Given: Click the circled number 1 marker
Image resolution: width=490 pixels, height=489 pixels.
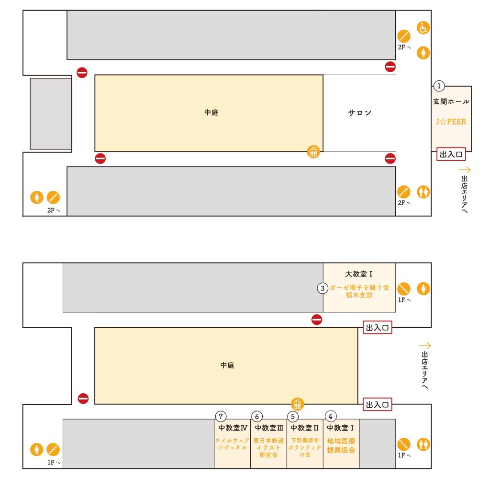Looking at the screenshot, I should pyautogui.click(x=439, y=86).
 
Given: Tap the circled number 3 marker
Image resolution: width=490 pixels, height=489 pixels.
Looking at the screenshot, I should pyautogui.click(x=323, y=288).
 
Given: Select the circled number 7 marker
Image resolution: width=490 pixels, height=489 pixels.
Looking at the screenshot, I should pyautogui.click(x=221, y=416).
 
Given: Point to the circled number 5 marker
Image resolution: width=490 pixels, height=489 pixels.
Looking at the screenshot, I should pyautogui.click(x=293, y=416).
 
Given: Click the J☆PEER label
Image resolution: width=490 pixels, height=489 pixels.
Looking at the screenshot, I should pyautogui.click(x=451, y=122).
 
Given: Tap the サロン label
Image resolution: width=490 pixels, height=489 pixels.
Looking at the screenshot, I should pyautogui.click(x=359, y=113).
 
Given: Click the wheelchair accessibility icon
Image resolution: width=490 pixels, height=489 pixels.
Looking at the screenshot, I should pyautogui.click(x=423, y=28).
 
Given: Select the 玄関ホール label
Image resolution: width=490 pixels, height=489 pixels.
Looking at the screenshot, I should pyautogui.click(x=451, y=101).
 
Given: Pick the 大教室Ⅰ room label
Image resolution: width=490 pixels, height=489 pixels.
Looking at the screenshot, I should pyautogui.click(x=359, y=274).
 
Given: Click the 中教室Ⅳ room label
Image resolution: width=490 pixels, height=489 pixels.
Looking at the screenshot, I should pyautogui.click(x=233, y=428).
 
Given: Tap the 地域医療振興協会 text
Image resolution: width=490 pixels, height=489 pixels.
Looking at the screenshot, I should pyautogui.click(x=341, y=445).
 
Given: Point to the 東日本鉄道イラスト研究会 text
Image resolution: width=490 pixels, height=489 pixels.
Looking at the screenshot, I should pyautogui.click(x=268, y=447).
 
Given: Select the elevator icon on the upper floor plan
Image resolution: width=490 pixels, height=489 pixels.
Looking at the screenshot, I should pyautogui.click(x=313, y=152).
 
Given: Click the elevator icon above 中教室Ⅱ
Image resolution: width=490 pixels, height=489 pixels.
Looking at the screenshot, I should pyautogui.click(x=298, y=404).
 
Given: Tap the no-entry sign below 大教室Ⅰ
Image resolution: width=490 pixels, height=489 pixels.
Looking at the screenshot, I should pyautogui.click(x=317, y=320).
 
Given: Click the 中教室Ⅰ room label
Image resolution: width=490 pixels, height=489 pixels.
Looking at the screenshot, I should pyautogui.click(x=341, y=428).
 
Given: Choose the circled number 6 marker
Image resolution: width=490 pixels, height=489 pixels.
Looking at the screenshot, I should pyautogui.click(x=257, y=416).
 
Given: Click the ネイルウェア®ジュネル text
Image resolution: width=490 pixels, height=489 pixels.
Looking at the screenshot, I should pyautogui.click(x=232, y=444).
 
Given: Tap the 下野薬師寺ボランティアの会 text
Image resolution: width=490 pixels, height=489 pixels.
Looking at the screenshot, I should pyautogui.click(x=305, y=447).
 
